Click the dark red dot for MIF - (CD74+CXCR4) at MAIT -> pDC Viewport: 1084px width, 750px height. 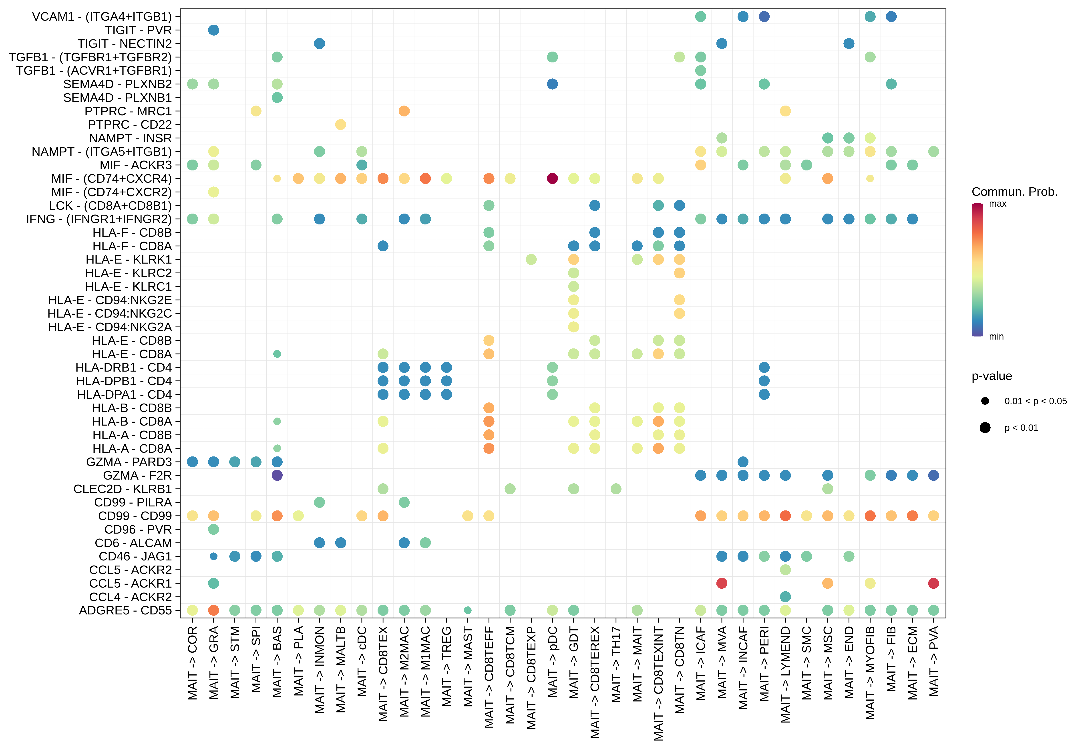pos(552,179)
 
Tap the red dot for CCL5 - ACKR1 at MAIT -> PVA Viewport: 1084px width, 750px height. pos(934,583)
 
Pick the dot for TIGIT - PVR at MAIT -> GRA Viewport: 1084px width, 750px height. pos(213,30)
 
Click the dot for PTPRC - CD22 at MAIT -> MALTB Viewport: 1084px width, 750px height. pos(341,124)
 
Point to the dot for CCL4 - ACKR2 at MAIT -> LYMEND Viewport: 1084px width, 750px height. pos(785,597)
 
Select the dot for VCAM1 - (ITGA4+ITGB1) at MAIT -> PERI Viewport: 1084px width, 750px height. pos(764,16)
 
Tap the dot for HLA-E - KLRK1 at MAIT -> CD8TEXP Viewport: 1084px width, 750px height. pos(531,259)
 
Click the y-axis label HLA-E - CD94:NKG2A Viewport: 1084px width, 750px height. pos(110,327)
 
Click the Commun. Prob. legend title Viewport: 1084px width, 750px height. pos(1014,192)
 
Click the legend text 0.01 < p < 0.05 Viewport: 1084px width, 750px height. pos(1036,401)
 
